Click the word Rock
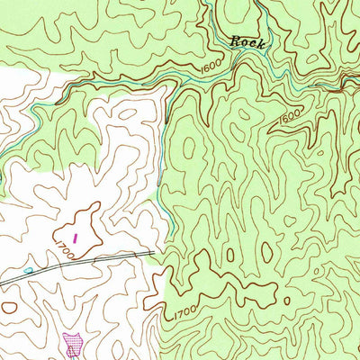click(246, 41)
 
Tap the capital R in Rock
click(236, 41)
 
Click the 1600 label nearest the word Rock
click(211, 66)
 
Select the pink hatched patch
click(74, 342)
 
